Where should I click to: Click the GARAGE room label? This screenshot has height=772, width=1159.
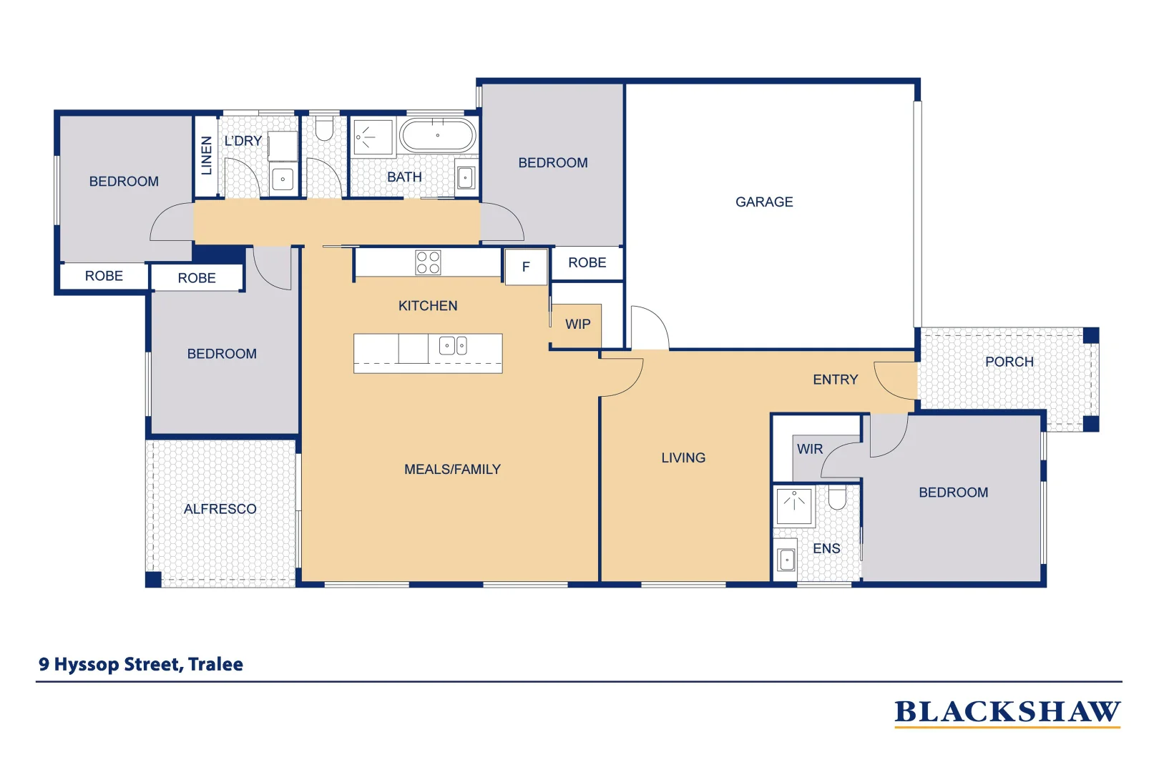(x=764, y=202)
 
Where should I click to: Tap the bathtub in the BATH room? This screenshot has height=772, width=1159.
(x=437, y=135)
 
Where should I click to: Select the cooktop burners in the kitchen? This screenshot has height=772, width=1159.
(x=428, y=262)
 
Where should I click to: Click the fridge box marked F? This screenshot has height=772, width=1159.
(x=526, y=267)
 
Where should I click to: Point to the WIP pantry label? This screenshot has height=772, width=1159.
(x=577, y=325)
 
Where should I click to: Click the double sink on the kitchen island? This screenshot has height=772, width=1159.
(x=453, y=346)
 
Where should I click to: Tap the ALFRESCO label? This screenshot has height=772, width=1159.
(x=220, y=509)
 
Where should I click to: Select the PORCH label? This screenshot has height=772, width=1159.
(x=1009, y=362)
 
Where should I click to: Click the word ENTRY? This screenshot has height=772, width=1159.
(x=835, y=380)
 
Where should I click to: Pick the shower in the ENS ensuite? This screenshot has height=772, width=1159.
(x=794, y=505)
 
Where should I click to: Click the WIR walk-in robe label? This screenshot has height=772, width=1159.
(x=810, y=449)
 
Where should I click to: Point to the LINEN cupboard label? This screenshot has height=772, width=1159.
(x=207, y=156)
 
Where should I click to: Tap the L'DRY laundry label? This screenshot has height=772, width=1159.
(x=243, y=141)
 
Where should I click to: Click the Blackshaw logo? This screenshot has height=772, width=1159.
(x=1007, y=713)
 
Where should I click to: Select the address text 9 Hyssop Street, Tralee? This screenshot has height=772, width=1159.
(x=141, y=664)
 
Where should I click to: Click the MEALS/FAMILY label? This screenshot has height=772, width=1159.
(x=452, y=470)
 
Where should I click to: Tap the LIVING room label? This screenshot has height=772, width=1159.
(x=683, y=457)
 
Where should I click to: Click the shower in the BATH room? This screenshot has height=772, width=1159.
(x=373, y=137)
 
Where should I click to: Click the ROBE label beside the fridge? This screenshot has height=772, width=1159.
(x=587, y=263)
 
